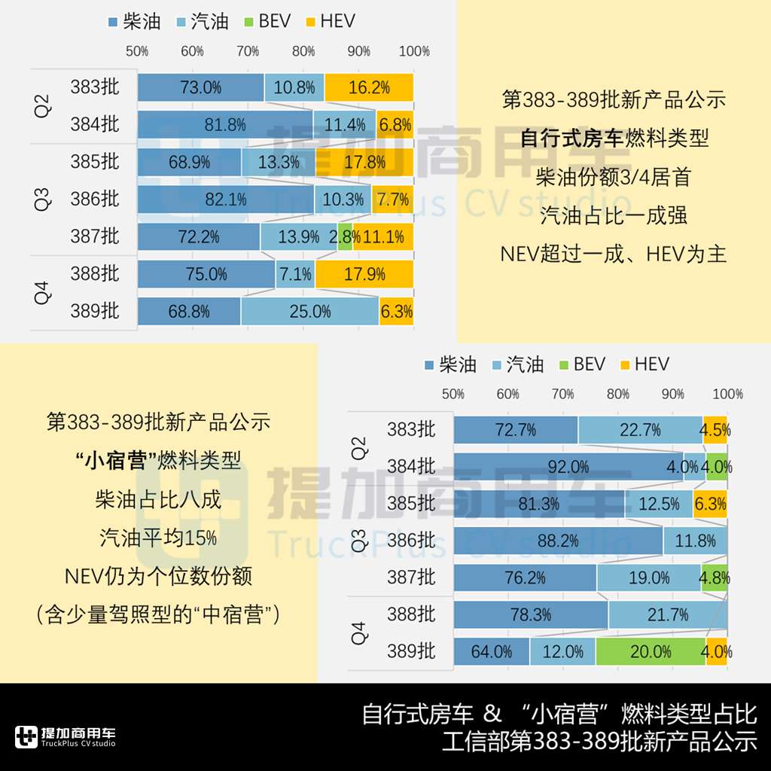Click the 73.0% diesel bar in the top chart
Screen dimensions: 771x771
click(x=200, y=87)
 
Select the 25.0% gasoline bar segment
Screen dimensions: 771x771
click(x=309, y=312)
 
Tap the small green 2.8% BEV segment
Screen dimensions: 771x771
click(x=345, y=237)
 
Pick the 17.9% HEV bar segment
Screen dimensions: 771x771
click(x=364, y=275)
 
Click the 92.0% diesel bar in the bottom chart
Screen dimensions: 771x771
click(x=568, y=467)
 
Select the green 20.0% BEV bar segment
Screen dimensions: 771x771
click(x=651, y=652)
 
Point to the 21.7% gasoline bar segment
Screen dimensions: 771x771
click(x=667, y=615)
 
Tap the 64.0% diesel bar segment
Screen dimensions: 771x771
click(x=491, y=652)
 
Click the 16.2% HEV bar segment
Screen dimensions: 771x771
click(x=369, y=87)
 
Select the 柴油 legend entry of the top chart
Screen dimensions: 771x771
click(x=135, y=21)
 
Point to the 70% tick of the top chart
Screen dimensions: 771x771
click(x=248, y=51)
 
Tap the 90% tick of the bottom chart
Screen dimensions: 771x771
click(x=672, y=394)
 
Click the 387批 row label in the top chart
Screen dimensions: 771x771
click(x=95, y=236)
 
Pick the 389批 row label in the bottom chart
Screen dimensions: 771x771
click(x=411, y=652)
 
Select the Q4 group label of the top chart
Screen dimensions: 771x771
click(x=42, y=292)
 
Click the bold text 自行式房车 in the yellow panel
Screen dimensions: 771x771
click(x=572, y=139)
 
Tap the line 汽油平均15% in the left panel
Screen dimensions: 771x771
click(x=158, y=538)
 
